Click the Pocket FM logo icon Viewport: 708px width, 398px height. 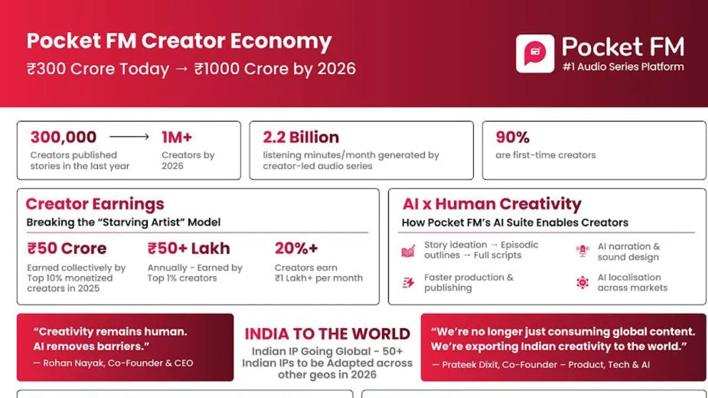(535, 54)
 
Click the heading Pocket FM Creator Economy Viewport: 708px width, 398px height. (179, 41)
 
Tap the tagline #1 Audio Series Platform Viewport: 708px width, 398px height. (623, 67)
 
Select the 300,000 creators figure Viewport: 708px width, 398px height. (64, 137)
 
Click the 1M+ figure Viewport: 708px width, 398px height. (176, 137)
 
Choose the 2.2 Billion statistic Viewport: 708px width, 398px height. (301, 137)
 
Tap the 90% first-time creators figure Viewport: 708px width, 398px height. (512, 137)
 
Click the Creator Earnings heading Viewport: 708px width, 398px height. (95, 204)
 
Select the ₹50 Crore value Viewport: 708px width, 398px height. (67, 248)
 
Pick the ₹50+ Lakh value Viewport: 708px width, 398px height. (189, 248)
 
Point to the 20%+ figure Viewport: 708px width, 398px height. (296, 248)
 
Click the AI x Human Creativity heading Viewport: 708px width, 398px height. (492, 204)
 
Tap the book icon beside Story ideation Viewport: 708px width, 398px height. (408, 252)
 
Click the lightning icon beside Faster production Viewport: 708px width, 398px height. (408, 283)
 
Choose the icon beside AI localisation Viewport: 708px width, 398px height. (582, 282)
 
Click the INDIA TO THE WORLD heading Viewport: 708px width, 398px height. (327, 334)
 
